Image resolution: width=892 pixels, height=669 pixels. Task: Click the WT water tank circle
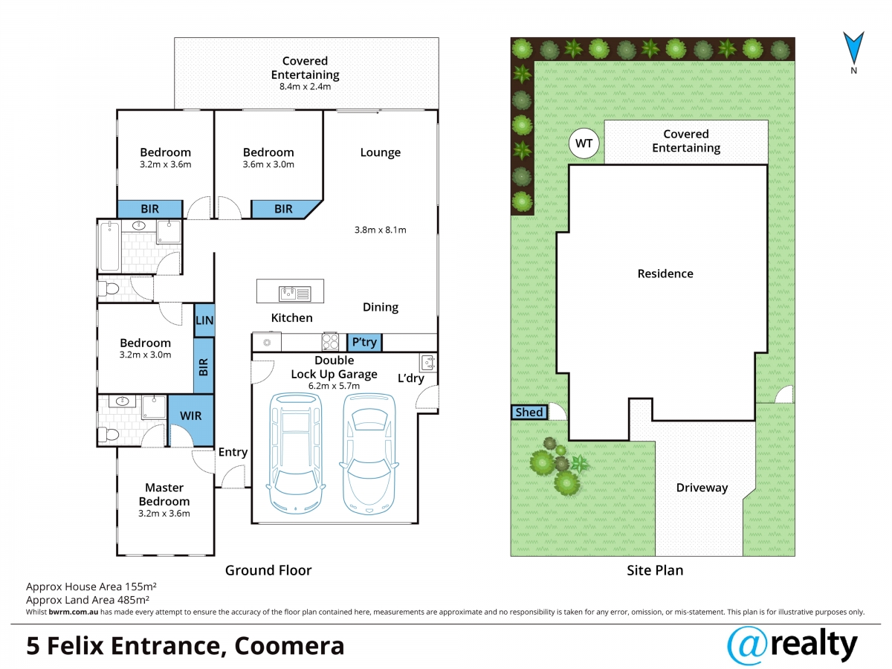584,143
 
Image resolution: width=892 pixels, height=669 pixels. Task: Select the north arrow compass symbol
855,50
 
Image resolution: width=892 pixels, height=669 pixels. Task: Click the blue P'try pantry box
364,342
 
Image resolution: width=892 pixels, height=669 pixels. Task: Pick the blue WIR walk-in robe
191,416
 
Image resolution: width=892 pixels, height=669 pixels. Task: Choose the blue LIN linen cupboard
204,320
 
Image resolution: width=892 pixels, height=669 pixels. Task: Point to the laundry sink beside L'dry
428,363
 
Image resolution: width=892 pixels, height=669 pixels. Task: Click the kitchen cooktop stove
330,342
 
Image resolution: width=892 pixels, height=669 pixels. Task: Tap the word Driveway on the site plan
702,488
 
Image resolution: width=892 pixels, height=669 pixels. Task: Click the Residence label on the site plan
665,274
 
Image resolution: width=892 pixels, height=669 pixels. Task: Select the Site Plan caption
653,571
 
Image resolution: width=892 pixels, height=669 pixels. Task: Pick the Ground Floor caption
268,571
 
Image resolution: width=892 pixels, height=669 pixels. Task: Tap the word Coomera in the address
289,645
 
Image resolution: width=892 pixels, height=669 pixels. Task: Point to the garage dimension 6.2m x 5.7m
334,386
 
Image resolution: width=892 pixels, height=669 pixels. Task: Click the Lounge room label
381,152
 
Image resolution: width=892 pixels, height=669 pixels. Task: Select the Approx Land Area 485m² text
88,599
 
